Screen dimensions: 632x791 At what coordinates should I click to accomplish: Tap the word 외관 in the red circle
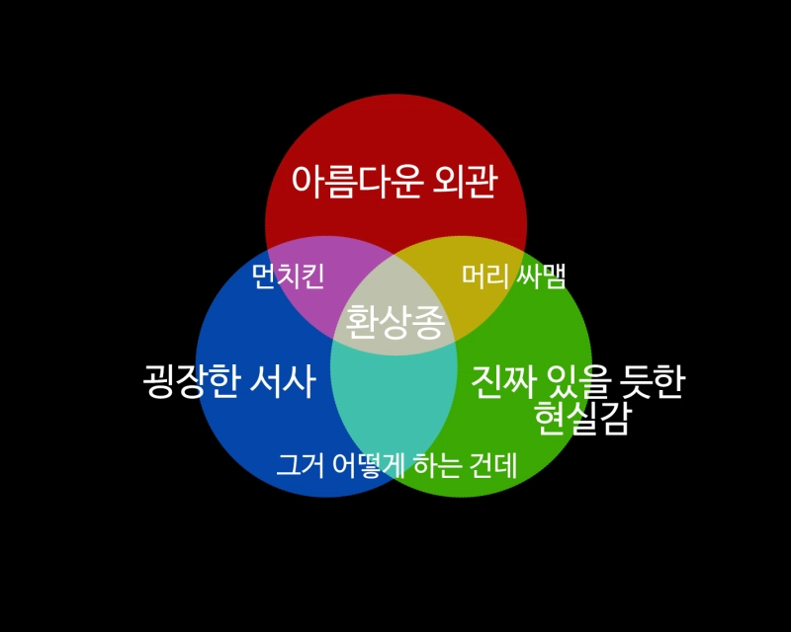(465, 182)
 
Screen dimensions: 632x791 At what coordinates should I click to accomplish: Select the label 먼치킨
(288, 276)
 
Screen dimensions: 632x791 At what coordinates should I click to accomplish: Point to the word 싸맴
(540, 276)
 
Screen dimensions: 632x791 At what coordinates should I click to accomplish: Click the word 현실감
(581, 418)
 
